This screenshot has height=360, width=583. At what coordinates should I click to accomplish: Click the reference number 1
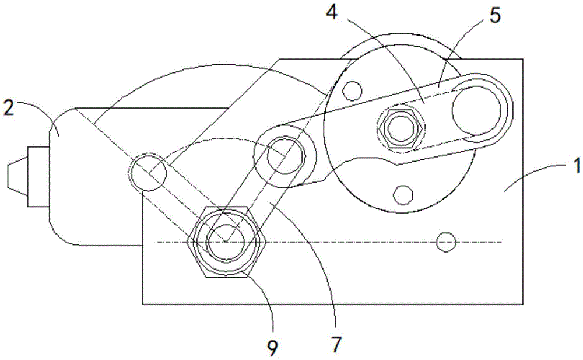tap(575, 165)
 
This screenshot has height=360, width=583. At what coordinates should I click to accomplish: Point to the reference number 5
tap(494, 15)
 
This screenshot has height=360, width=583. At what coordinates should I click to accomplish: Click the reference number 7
tap(336, 345)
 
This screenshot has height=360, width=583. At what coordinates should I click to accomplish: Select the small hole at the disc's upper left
tap(352, 89)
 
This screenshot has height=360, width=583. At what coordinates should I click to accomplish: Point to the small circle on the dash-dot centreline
tap(445, 242)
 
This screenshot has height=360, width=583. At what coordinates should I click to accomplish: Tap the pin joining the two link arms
tap(285, 155)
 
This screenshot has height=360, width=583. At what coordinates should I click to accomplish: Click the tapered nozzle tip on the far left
tap(17, 177)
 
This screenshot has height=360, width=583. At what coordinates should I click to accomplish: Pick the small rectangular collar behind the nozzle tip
tap(39, 176)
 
